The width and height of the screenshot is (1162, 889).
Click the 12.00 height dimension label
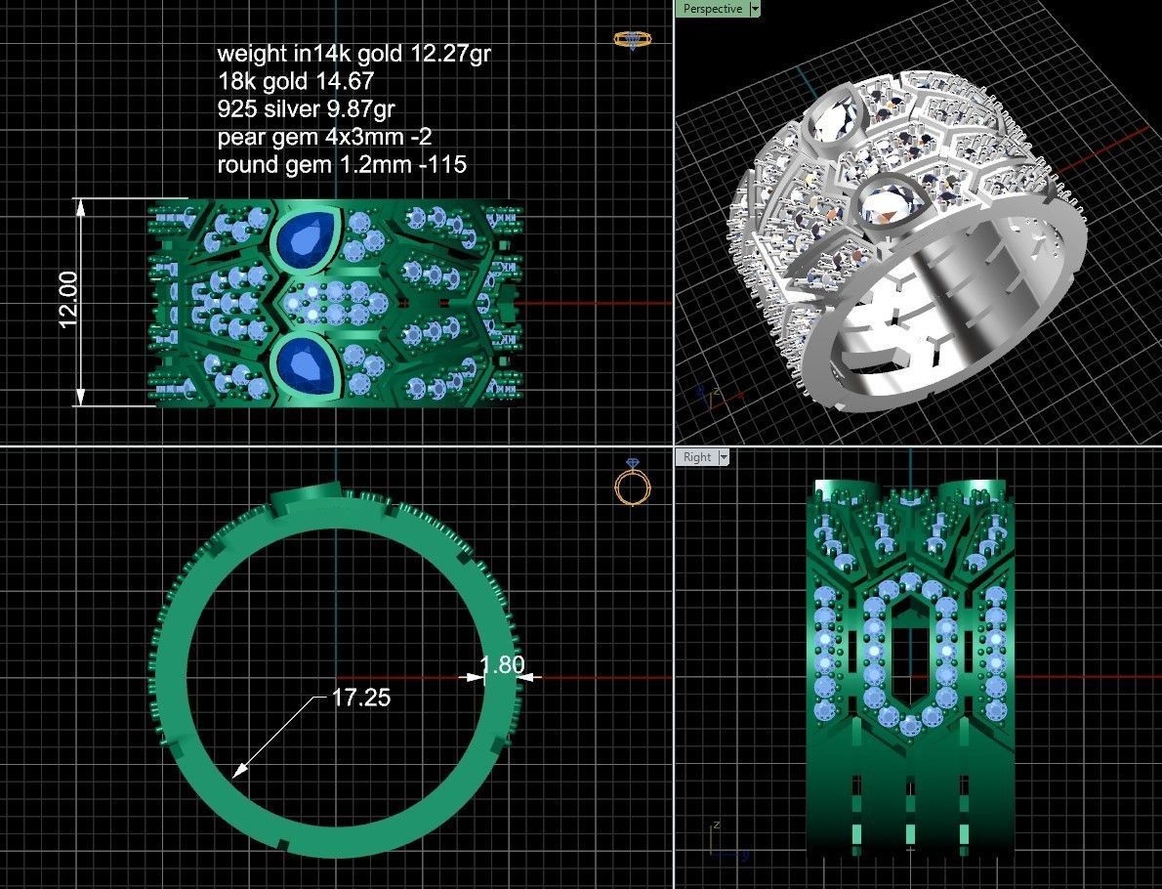(68, 300)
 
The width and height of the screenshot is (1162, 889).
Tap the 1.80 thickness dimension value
(503, 665)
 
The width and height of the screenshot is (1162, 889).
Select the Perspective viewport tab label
(712, 9)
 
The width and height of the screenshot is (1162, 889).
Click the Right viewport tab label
(697, 457)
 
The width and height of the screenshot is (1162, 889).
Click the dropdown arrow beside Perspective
(754, 9)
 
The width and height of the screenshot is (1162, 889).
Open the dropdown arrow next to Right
(723, 457)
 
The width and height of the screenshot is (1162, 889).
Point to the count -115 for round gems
(443, 164)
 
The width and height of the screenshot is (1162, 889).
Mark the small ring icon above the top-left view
(633, 40)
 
